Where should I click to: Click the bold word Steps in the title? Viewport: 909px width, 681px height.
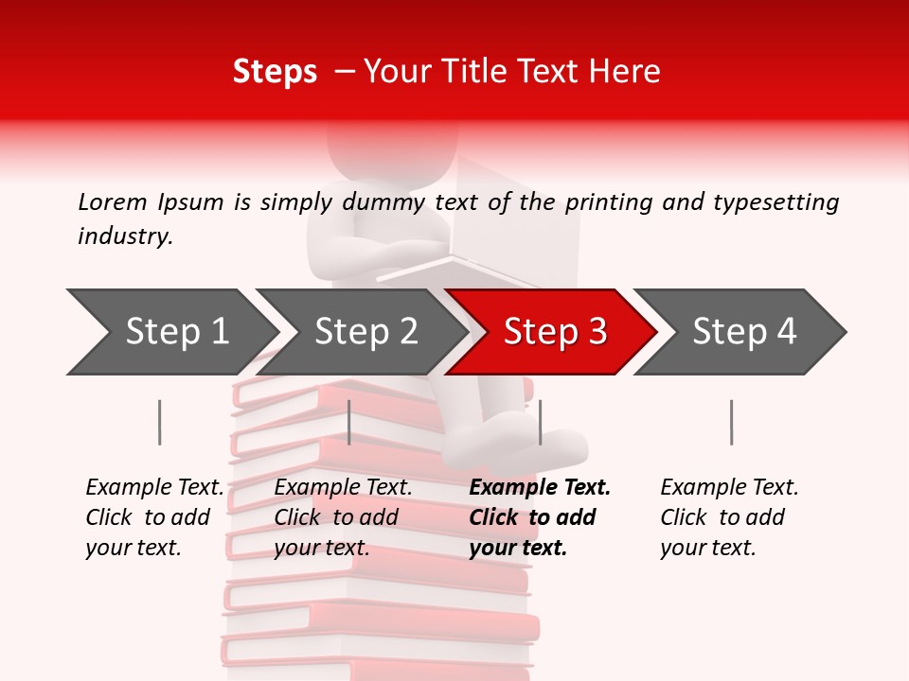(x=275, y=72)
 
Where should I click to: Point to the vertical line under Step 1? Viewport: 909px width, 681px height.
(x=159, y=422)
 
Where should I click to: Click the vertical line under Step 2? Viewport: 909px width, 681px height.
(x=349, y=422)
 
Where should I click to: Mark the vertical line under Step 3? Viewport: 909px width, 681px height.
(x=540, y=422)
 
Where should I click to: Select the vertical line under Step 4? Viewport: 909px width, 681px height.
(x=731, y=422)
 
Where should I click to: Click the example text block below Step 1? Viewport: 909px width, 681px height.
(x=154, y=517)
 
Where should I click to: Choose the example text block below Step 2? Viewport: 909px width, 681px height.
(x=343, y=517)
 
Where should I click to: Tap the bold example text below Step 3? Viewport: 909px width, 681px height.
(x=540, y=517)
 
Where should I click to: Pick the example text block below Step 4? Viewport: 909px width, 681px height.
(x=729, y=517)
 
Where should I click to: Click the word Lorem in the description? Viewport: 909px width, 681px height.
(x=113, y=202)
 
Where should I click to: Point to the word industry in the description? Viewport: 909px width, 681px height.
(x=125, y=236)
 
